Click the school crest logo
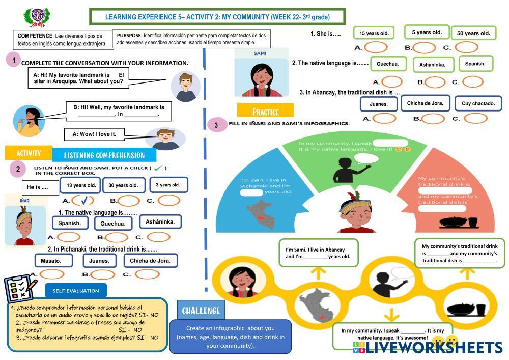(x=37, y=16)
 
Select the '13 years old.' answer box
(x=81, y=185)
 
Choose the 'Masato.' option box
(x=51, y=261)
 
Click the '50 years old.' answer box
(x=473, y=34)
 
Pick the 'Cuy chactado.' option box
(x=478, y=103)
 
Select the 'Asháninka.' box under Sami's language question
(x=433, y=65)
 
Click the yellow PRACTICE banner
(x=265, y=111)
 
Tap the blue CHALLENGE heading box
(x=201, y=311)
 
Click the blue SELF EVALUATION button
(x=76, y=291)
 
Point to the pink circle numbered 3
(x=216, y=124)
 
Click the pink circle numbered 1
(x=15, y=60)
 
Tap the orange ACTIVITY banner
(x=29, y=153)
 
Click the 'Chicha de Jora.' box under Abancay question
(x=425, y=103)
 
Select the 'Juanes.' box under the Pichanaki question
(x=99, y=261)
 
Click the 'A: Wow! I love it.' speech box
(x=95, y=134)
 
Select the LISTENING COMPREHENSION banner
(x=104, y=155)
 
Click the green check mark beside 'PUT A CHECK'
(x=159, y=168)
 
